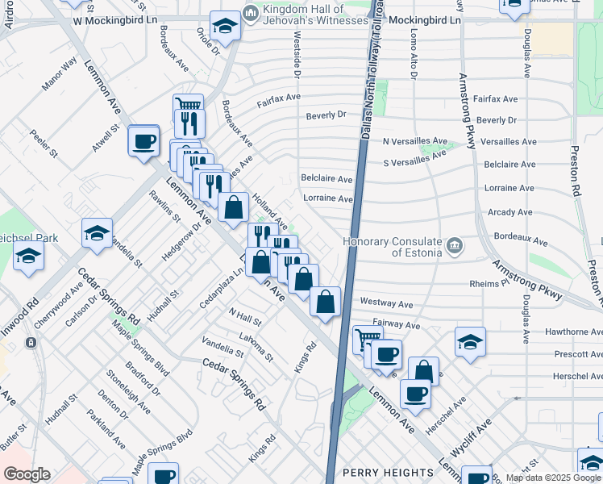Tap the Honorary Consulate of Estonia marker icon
click(x=454, y=244)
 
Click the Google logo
click(x=27, y=474)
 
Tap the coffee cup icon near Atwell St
click(x=144, y=140)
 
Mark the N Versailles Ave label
click(x=414, y=141)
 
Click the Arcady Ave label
click(x=509, y=212)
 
